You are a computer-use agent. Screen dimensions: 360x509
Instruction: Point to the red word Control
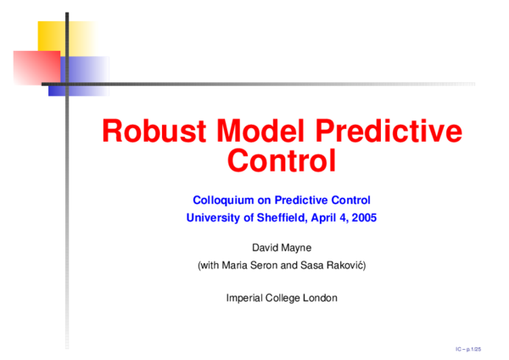tap(282, 160)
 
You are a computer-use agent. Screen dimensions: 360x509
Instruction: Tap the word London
tap(318, 297)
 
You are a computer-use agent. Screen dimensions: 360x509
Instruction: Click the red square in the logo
tap(34, 66)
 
